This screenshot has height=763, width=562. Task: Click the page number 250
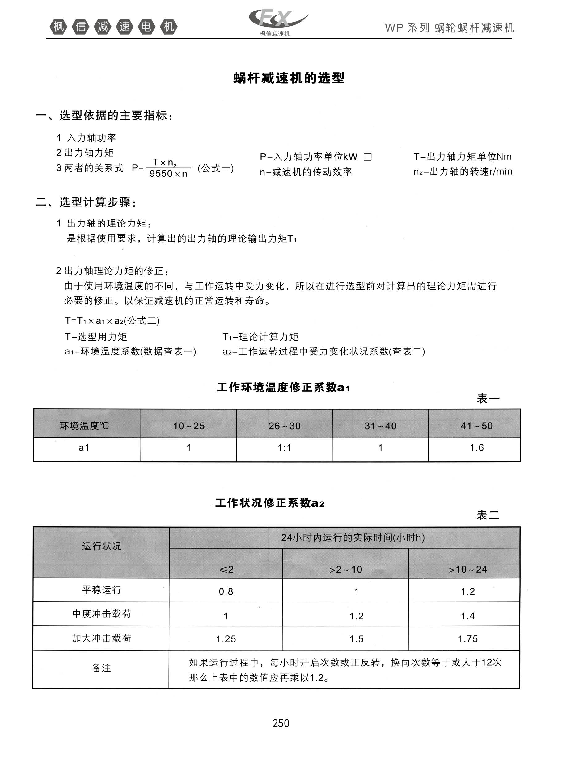[x=281, y=723]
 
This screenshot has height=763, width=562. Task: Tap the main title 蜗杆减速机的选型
[x=289, y=78]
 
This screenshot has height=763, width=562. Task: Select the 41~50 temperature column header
[x=476, y=426]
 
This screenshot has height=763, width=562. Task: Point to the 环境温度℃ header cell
[x=84, y=426]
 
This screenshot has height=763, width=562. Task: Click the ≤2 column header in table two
[x=226, y=569]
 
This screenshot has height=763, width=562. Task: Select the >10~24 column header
[x=468, y=569]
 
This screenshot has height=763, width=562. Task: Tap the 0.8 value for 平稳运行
[x=226, y=591]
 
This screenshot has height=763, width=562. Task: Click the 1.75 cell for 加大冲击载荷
[x=468, y=638]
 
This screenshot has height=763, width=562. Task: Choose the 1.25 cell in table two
[x=226, y=639]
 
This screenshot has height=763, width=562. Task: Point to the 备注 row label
[x=101, y=668]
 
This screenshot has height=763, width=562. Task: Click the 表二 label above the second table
[x=488, y=515]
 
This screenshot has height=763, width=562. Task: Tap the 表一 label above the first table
[x=488, y=398]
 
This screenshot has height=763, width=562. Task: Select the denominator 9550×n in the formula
[x=168, y=174]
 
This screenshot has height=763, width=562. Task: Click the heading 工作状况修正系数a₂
[x=270, y=503]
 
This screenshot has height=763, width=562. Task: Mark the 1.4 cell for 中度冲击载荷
[x=468, y=616]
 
